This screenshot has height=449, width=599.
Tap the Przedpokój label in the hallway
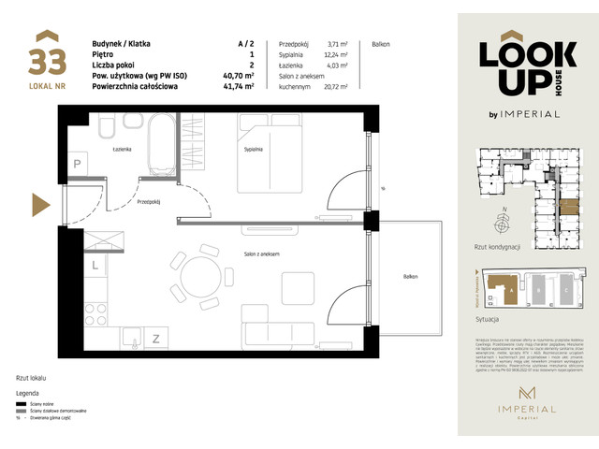[x=149, y=200]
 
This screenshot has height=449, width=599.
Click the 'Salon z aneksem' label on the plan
[x=262, y=254]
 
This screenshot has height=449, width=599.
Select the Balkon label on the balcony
[x=412, y=277]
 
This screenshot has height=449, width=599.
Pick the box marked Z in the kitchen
[x=156, y=338]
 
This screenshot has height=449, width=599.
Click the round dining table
[x=205, y=278]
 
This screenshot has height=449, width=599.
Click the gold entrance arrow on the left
[x=40, y=204]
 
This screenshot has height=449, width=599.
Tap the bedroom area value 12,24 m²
[x=336, y=54]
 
